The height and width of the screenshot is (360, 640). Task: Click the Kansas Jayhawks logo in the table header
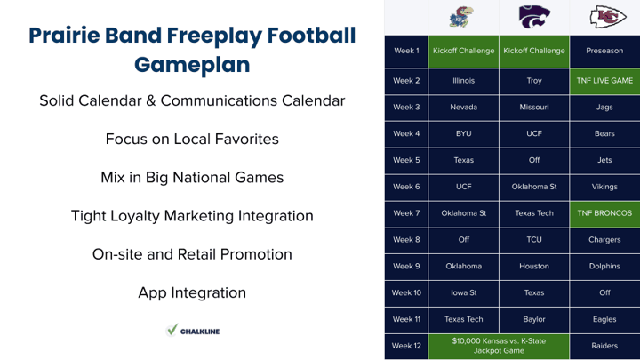[461, 17]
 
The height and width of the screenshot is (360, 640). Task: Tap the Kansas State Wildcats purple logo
[534, 17]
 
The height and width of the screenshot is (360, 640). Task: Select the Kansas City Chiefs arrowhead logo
[608, 17]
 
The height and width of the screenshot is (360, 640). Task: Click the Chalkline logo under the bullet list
[193, 331]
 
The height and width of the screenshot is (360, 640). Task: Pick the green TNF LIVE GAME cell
[604, 81]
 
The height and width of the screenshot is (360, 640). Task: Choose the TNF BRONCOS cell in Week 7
[604, 213]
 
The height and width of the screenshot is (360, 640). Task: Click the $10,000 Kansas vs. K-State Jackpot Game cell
[499, 346]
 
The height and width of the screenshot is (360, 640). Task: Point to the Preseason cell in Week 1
[604, 51]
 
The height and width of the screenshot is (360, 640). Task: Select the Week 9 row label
[406, 267]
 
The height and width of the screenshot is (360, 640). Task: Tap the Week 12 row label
[406, 346]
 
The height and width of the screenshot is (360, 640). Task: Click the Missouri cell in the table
[534, 108]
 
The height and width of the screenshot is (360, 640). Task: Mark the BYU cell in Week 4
[464, 134]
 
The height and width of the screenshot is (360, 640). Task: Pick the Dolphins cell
[604, 267]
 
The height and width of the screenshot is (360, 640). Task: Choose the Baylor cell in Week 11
[534, 320]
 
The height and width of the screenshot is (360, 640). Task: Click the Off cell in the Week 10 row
[604, 293]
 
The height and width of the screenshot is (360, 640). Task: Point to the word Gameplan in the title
[192, 65]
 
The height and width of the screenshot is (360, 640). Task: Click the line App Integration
[192, 292]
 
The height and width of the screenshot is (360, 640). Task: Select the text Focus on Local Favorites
[192, 140]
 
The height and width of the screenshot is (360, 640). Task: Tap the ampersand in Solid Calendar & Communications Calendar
[150, 100]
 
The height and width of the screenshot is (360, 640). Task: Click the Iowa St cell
[464, 293]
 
